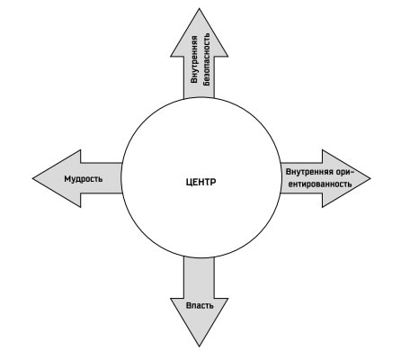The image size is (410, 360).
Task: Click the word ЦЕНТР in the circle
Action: coord(201,182)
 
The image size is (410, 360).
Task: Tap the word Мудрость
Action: coord(84,179)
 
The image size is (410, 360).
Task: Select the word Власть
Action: coord(200,306)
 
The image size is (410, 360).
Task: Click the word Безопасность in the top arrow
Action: coord(207,59)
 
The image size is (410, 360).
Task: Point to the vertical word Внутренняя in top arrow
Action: coord(194,59)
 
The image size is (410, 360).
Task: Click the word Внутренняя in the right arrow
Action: coord(309,172)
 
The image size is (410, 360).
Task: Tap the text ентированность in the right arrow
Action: coord(320,184)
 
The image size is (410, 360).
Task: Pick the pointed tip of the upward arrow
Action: coord(200,9)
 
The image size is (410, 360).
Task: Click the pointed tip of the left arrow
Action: coord(32,178)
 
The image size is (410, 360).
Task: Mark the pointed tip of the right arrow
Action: coord(370,178)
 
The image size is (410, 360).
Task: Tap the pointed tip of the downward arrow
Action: coord(200,346)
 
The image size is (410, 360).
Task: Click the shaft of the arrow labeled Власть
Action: coord(200,277)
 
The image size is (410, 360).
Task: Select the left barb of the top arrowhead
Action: coord(171,56)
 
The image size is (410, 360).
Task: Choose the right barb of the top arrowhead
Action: coord(227,56)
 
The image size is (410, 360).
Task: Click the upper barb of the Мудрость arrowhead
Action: coord(80,150)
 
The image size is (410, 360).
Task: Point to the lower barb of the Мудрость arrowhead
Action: coord(80,207)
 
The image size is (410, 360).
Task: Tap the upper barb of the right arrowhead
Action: coord(323,150)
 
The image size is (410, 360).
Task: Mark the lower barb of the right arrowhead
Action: coord(323,207)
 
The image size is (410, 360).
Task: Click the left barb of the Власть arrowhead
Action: coord(171,299)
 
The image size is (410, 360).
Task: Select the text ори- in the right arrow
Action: coord(345,173)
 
